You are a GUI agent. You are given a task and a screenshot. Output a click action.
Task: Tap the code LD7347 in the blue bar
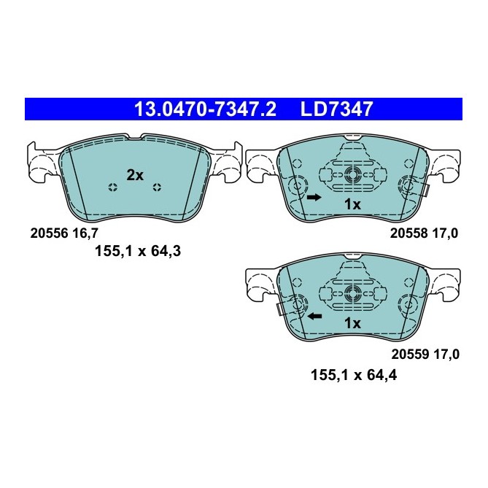click(x=337, y=109)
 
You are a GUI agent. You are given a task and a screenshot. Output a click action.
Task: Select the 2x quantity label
click(x=135, y=175)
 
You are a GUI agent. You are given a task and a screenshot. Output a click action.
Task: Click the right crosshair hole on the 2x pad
click(x=157, y=188)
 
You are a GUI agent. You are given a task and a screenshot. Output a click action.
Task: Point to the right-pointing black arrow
click(x=313, y=198)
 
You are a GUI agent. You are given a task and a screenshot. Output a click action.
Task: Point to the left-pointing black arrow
click(x=314, y=317)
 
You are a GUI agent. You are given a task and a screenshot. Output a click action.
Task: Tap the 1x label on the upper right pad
click(x=352, y=205)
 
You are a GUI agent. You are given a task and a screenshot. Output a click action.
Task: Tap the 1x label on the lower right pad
click(x=352, y=323)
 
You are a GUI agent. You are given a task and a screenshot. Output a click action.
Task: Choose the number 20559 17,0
click(x=426, y=354)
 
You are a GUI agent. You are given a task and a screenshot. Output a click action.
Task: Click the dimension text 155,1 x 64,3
click(x=137, y=252)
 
